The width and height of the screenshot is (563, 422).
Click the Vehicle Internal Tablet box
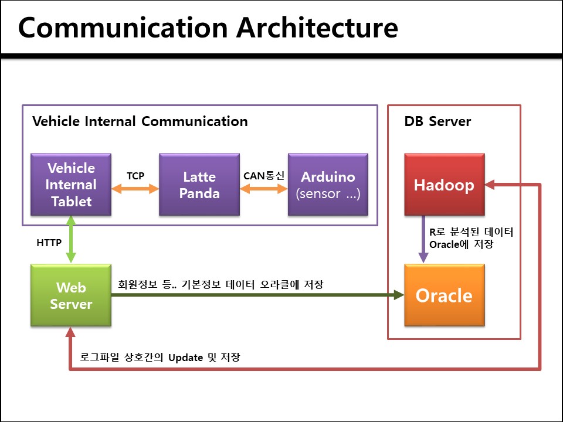click(71, 185)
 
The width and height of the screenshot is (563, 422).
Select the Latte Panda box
click(199, 185)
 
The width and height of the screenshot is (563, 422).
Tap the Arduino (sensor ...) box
click(328, 185)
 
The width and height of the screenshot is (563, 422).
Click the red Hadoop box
click(444, 185)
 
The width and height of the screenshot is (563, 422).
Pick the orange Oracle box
click(444, 295)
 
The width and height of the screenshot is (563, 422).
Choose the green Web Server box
click(71, 295)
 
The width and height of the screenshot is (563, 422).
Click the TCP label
click(135, 176)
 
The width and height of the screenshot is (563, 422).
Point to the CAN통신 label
click(263, 175)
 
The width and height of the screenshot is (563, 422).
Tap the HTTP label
click(49, 243)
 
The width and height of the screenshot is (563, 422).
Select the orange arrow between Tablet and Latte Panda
click(135, 189)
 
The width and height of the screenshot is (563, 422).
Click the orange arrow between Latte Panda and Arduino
click(263, 189)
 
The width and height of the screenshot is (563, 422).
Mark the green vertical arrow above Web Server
click(71, 239)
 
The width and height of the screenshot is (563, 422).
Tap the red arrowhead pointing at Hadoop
click(492, 185)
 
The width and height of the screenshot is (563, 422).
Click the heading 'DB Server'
click(437, 121)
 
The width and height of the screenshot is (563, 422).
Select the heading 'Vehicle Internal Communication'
click(140, 121)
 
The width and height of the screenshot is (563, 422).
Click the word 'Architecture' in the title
click(317, 28)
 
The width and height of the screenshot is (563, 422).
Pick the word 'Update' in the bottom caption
click(185, 357)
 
